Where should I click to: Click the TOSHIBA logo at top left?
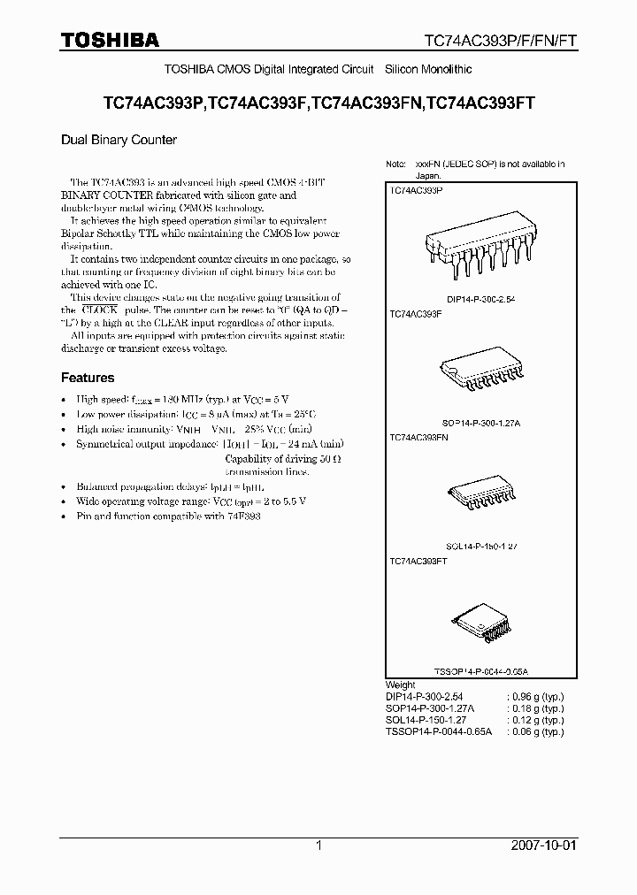[x=110, y=40]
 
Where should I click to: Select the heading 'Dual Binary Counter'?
[x=119, y=140]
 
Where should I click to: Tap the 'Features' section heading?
[x=88, y=378]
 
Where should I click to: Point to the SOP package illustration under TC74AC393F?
[x=476, y=372]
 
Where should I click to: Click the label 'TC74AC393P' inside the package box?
[x=416, y=190]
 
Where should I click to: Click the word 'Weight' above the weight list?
[x=401, y=685]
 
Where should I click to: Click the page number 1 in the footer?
[x=318, y=845]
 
